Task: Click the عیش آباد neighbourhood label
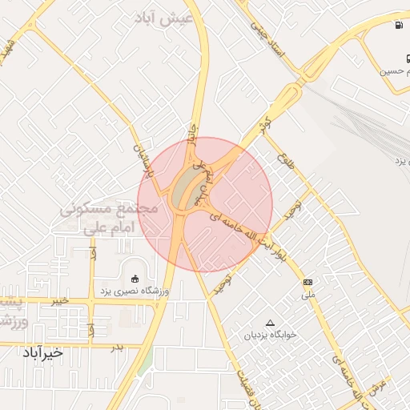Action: [167, 17]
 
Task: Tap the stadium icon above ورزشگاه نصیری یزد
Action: [134, 279]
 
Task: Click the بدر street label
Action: [119, 347]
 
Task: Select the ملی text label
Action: [308, 295]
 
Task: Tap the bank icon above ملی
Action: [308, 283]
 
